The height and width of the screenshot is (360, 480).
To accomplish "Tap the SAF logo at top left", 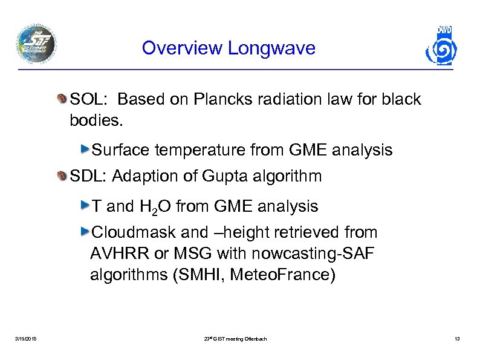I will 36,44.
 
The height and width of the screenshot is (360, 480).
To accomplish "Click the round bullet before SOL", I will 63,99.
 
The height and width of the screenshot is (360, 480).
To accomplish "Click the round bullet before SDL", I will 63,177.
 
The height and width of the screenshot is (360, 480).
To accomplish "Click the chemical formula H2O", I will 158,207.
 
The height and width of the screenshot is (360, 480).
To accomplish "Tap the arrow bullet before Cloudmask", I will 84,232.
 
